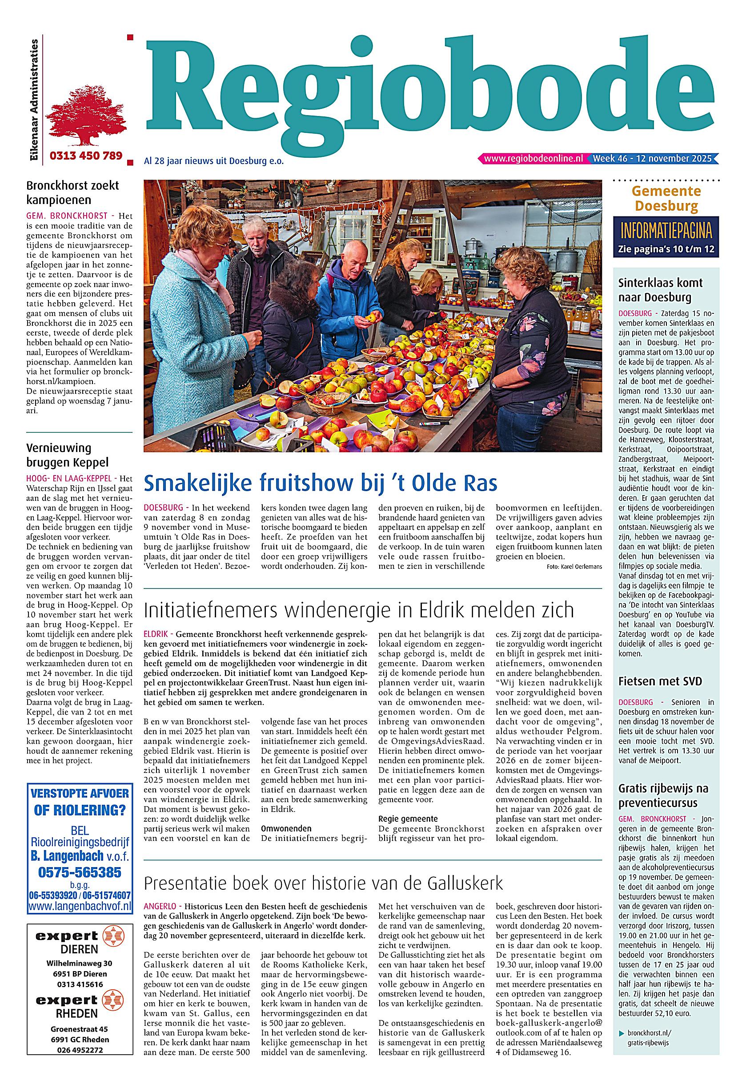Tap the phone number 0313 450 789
pos(85,156)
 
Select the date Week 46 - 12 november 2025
pos(653,158)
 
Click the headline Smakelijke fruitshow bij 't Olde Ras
pos(320,483)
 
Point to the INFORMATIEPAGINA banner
pos(666,231)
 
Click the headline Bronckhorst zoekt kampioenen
pos(72,192)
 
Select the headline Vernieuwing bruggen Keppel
pos(67,454)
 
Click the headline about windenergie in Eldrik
pos(359,610)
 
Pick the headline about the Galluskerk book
pos(323,884)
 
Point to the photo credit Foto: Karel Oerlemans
pos(574,567)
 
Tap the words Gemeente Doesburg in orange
pos(666,198)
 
